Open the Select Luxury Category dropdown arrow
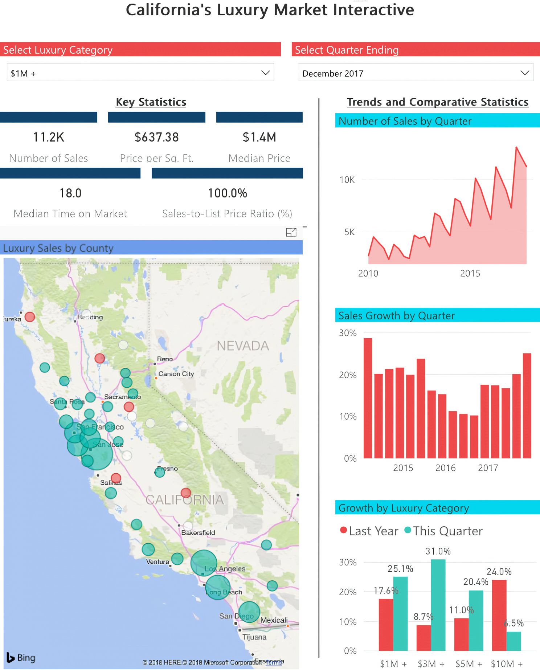pos(265,73)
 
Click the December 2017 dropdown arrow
pos(524,73)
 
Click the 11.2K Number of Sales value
pos(49,137)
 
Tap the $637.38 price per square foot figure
pos(157,137)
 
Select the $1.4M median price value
pos(259,137)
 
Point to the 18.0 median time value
pos(70,193)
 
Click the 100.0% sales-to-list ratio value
pos(228,193)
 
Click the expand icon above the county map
pos(291,232)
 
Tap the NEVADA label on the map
pos(243,346)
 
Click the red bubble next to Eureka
pos(30,317)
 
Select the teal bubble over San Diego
pos(249,612)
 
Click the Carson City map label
pos(176,374)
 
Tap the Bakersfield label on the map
pos(198,533)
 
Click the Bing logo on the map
pos(21,658)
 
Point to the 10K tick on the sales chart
pos(347,180)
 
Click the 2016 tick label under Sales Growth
pos(445,468)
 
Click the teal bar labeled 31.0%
pos(438,605)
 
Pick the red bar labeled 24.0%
pos(499,615)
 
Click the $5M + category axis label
pos(469,664)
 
